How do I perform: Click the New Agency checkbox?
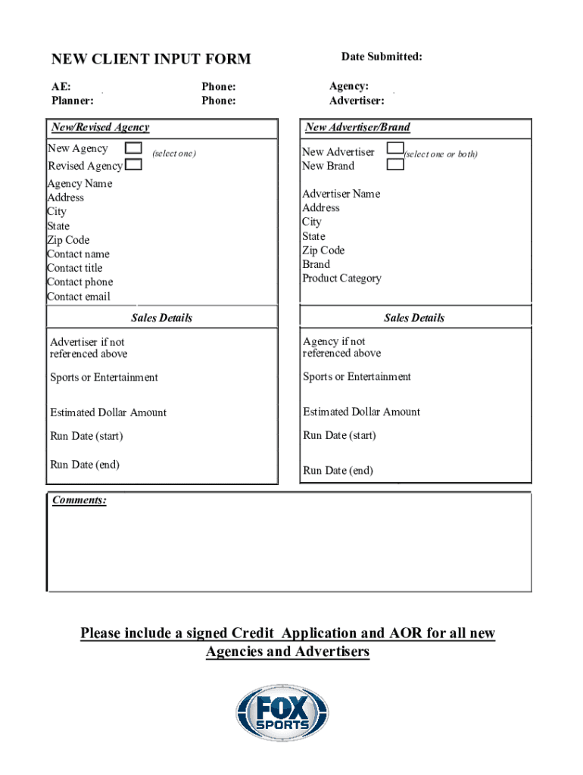tap(132, 148)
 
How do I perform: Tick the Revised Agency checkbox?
tap(132, 164)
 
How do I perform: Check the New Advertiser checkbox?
tap(395, 150)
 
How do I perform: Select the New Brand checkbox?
tap(395, 164)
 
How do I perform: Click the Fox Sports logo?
tap(282, 714)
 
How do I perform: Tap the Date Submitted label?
tap(382, 57)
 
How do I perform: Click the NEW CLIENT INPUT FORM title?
tap(151, 59)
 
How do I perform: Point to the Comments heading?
tap(79, 500)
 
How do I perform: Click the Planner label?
tap(72, 101)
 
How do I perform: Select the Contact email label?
tap(79, 297)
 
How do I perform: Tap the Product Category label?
tap(341, 279)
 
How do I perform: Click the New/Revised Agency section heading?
tap(100, 127)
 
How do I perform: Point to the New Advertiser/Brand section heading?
tap(357, 127)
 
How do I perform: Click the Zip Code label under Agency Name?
tap(69, 240)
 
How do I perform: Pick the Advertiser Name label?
tap(341, 194)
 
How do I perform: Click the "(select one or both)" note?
tap(441, 154)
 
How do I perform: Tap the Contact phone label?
tap(79, 282)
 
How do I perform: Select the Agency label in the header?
tap(349, 87)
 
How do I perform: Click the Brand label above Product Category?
tap(316, 264)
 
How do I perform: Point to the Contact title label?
tap(74, 268)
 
